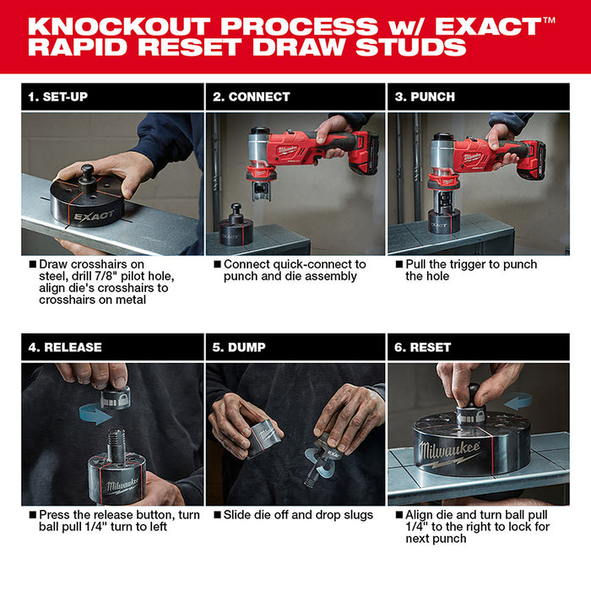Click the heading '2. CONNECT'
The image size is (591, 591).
point(250,97)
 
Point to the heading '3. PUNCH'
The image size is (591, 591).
point(426,97)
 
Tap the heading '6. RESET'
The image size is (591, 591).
point(423,347)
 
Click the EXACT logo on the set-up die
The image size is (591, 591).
point(93,216)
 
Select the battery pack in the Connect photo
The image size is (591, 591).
point(364,154)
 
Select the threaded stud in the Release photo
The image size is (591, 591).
point(115,440)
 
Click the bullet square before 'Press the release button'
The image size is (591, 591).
point(32,514)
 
